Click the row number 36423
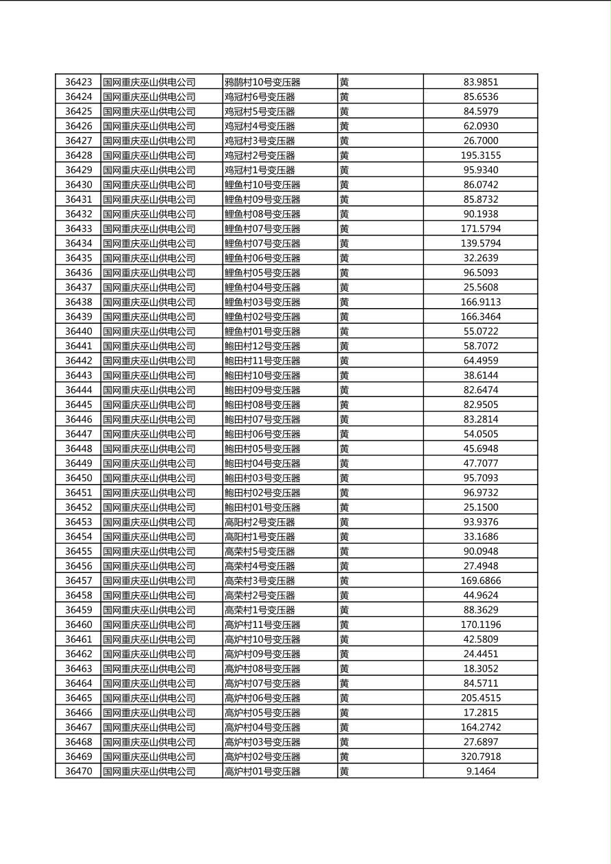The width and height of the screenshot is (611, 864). pyautogui.click(x=78, y=82)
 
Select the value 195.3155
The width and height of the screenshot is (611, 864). pyautogui.click(x=480, y=155)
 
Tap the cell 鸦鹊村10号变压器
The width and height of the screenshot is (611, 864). pyautogui.click(x=262, y=82)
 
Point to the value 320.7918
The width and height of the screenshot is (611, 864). pyautogui.click(x=480, y=757)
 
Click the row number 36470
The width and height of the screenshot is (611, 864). pyautogui.click(x=78, y=772)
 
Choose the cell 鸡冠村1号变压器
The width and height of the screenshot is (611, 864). pyautogui.click(x=260, y=170)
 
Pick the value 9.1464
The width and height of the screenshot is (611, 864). pyautogui.click(x=480, y=772)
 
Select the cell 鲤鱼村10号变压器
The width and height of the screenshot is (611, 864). pyautogui.click(x=262, y=185)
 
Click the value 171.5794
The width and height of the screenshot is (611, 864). pyautogui.click(x=480, y=229)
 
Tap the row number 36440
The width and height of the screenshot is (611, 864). pyautogui.click(x=78, y=331)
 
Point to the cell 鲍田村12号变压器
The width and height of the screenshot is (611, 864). pyautogui.click(x=262, y=346)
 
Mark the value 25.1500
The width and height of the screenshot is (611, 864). pyautogui.click(x=480, y=507)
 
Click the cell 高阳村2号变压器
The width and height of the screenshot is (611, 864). pyautogui.click(x=260, y=522)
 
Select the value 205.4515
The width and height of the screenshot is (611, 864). pyautogui.click(x=480, y=698)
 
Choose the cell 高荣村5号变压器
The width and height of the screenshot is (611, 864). pyautogui.click(x=260, y=551)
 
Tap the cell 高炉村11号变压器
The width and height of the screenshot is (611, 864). pyautogui.click(x=262, y=624)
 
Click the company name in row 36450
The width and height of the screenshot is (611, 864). pyautogui.click(x=149, y=478)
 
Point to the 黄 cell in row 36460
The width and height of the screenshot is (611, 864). pyautogui.click(x=345, y=624)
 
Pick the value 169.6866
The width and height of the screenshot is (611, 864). pyautogui.click(x=480, y=581)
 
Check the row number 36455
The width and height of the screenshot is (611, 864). pyautogui.click(x=78, y=551)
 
